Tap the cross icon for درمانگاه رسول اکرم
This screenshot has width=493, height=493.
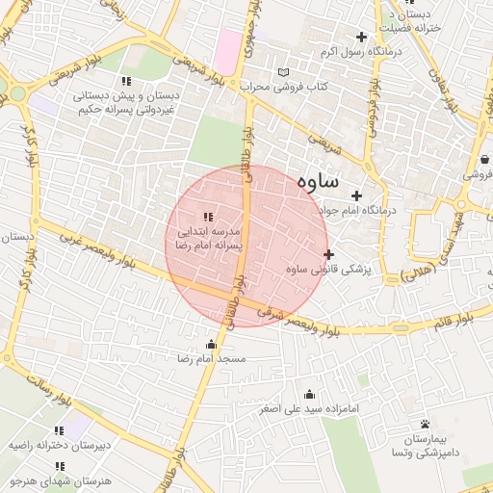click(x=361, y=38)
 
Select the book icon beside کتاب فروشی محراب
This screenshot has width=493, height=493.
click(x=282, y=72)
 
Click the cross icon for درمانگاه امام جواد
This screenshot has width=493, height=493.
click(x=356, y=195)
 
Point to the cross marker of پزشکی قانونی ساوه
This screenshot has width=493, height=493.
click(x=329, y=255)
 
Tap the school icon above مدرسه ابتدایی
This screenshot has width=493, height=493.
click(x=208, y=217)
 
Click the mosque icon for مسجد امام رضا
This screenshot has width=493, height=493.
click(x=211, y=345)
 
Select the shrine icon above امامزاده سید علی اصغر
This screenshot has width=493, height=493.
click(x=309, y=394)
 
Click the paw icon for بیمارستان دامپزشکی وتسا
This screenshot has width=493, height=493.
click(x=425, y=424)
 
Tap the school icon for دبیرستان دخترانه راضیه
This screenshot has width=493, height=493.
click(x=59, y=431)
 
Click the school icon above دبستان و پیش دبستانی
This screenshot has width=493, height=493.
click(x=125, y=81)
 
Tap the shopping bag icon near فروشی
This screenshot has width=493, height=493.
click(x=483, y=160)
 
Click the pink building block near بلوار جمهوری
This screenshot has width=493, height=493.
click(x=229, y=50)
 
